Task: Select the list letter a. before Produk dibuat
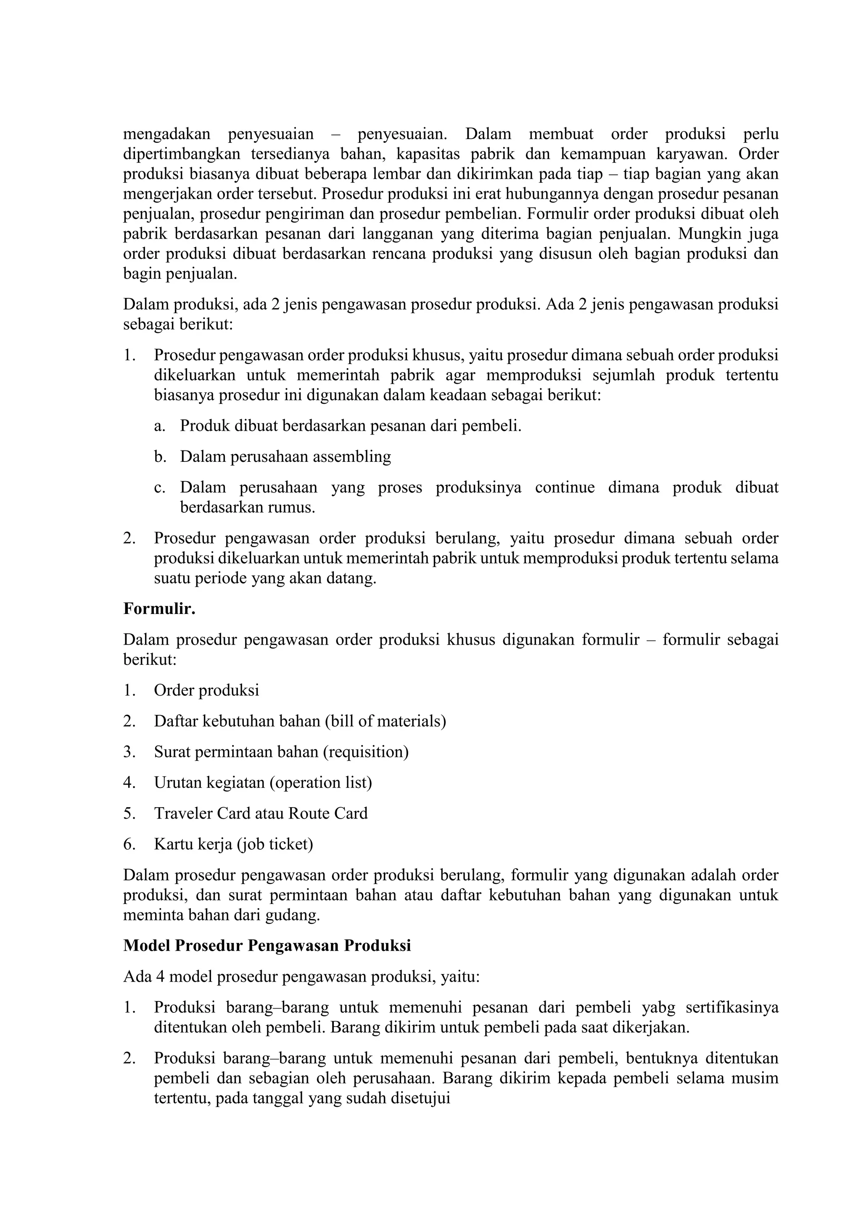[159, 426]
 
